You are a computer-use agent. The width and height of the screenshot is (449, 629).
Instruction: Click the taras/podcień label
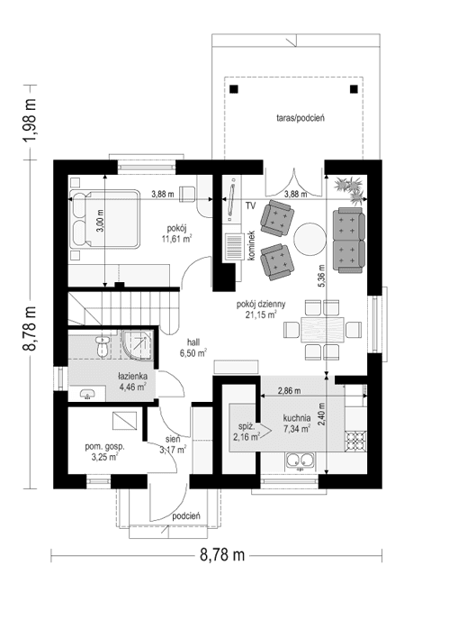tap(301, 117)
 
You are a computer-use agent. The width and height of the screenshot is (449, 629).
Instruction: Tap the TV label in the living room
tap(253, 205)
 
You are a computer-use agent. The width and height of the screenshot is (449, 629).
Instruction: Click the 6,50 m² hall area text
tap(193, 354)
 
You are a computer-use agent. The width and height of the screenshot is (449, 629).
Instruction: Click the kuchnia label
tap(296, 417)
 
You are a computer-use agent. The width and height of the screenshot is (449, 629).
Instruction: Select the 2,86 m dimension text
tap(289, 392)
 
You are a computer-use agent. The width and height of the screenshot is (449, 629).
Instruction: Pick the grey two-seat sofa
tap(348, 240)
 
